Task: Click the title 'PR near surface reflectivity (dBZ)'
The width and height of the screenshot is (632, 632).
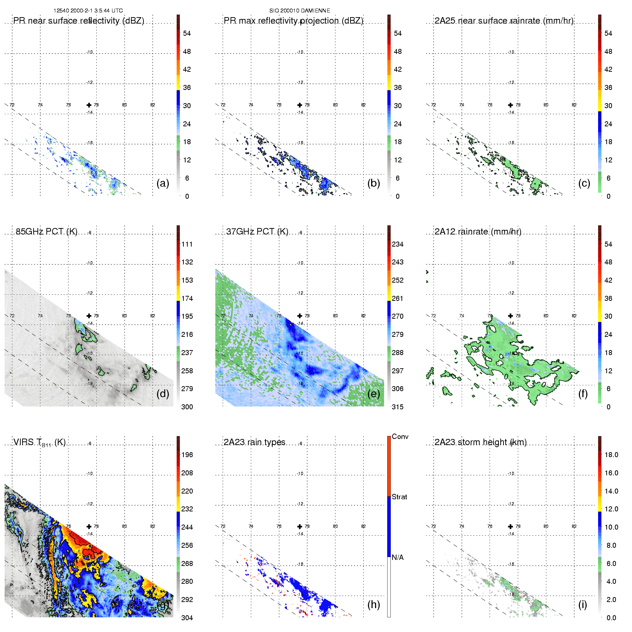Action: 79,21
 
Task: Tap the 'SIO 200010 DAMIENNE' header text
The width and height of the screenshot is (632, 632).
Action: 299,11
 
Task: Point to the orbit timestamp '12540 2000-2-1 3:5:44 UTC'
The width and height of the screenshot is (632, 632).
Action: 88,11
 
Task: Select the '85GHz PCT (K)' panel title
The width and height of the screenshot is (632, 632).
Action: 46,232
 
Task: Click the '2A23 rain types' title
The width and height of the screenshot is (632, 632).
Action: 254,442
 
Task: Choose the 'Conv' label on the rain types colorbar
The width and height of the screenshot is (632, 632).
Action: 400,436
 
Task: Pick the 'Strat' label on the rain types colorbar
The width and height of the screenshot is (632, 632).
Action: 399,497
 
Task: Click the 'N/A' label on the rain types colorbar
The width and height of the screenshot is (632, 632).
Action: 398,557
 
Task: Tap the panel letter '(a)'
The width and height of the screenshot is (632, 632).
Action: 163,183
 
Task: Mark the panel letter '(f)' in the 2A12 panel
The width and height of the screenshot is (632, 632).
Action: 583,394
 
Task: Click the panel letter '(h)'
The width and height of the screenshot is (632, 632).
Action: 373,605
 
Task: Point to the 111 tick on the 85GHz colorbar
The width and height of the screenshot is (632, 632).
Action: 187,244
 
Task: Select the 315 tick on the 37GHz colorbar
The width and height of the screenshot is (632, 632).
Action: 398,407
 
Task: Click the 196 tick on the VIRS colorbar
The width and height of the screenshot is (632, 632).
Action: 187,455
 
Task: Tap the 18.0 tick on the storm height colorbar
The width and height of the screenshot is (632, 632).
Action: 611,455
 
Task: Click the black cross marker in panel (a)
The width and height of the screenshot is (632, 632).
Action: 89,105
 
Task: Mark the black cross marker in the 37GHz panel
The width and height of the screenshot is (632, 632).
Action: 300,316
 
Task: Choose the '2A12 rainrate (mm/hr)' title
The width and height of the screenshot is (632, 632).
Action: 478,232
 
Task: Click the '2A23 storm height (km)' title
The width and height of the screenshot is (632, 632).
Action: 480,442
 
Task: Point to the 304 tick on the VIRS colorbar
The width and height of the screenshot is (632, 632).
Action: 187,618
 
